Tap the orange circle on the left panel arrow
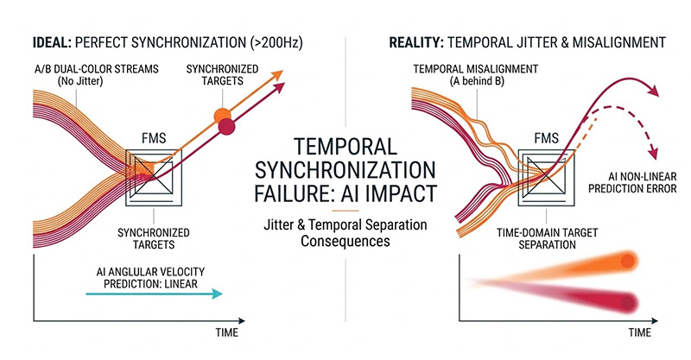(223, 115)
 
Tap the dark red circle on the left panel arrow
(227, 128)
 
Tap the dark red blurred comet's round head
(627, 302)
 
